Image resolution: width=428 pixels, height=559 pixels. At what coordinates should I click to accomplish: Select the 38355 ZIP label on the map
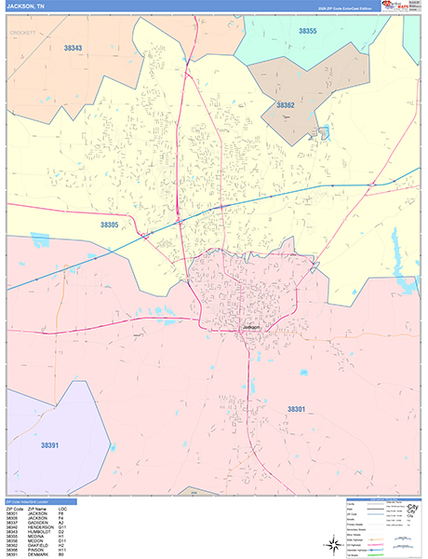(308, 32)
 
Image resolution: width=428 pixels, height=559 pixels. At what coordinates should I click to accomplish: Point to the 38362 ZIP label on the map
(285, 105)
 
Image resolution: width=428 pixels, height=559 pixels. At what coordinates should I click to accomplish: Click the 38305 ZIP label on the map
(111, 224)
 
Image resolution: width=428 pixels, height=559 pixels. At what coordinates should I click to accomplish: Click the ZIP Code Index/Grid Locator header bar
(37, 501)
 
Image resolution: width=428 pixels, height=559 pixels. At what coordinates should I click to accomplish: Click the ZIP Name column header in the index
(36, 509)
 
